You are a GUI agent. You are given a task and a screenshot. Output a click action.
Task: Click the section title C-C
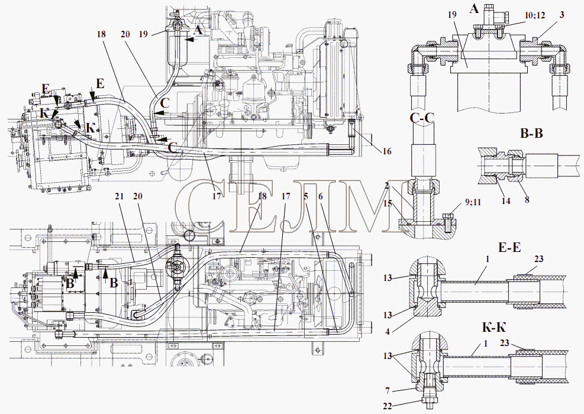coord(422,118)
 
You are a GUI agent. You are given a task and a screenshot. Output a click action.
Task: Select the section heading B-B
coord(531,133)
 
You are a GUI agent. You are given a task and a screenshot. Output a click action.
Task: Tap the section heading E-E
coord(508,247)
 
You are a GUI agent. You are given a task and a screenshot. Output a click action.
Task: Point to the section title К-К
coord(494,328)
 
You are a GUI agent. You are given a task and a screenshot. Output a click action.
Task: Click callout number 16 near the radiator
coord(387,151)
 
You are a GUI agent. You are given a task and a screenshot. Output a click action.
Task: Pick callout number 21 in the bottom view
coord(119,196)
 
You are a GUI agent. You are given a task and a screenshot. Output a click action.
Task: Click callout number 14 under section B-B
coord(506,201)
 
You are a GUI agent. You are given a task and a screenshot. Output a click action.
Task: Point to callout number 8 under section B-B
coord(527,199)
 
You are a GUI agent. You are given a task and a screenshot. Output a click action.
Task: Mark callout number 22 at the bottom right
coord(388,406)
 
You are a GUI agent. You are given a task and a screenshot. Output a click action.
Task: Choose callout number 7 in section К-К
coord(388,390)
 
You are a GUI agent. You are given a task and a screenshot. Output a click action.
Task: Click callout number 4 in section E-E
coord(388,331)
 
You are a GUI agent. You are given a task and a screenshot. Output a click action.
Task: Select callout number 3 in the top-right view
coord(562,15)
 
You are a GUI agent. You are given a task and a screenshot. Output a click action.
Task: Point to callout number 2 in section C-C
coord(388,185)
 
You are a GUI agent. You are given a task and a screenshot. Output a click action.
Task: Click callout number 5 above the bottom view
coord(306,196)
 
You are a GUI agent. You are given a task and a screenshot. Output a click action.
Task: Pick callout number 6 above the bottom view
coord(321,196)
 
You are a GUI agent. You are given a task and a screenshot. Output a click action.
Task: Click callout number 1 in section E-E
coord(487,259)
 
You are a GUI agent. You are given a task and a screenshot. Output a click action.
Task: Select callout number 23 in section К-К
coord(505,343)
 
